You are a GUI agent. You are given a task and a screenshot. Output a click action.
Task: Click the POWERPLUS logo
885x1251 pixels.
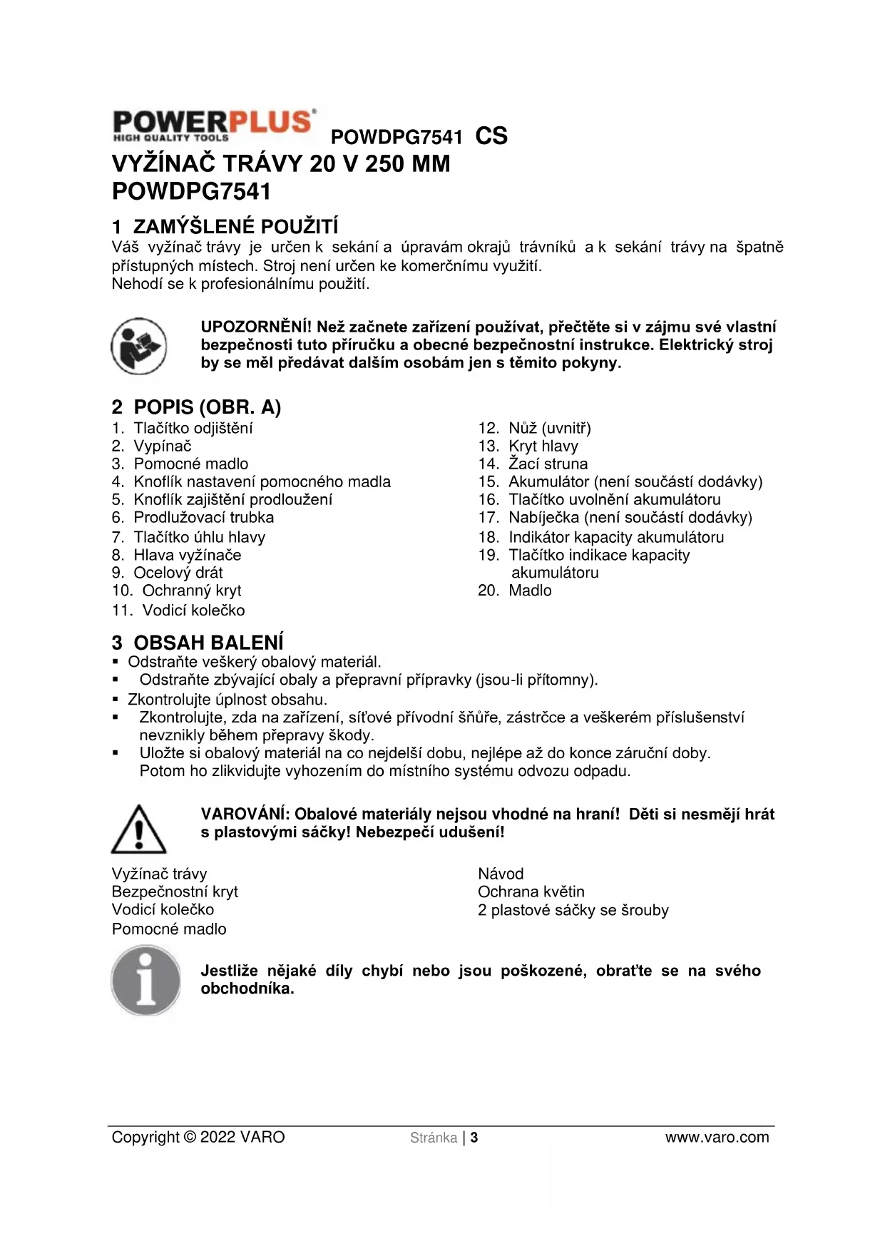(213, 126)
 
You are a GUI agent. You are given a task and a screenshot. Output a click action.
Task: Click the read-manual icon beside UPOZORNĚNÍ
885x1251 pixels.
(139, 346)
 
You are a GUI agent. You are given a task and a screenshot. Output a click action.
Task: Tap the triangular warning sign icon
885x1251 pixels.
(138, 829)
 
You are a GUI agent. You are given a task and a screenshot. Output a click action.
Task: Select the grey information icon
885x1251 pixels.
(146, 980)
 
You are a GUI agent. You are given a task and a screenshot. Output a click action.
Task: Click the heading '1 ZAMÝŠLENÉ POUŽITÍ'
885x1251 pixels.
(225, 227)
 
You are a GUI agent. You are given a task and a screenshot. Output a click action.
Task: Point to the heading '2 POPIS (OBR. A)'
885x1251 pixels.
(196, 407)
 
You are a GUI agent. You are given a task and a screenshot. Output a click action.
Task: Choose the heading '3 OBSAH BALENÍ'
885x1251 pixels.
(198, 643)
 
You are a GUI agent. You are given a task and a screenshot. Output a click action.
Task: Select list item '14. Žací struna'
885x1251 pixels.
(533, 464)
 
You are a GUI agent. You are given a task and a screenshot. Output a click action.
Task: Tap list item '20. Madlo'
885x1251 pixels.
(514, 591)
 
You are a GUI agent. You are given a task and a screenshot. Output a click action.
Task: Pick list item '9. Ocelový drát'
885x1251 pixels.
(168, 573)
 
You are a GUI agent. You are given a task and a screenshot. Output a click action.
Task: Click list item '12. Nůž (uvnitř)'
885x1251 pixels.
(534, 429)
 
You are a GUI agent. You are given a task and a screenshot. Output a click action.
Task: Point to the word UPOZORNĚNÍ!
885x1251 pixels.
(256, 327)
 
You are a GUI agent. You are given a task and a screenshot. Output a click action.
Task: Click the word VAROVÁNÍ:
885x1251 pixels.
(245, 815)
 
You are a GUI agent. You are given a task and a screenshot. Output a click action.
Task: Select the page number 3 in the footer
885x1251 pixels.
(474, 1138)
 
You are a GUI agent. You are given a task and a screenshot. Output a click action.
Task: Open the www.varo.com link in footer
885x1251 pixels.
(717, 1138)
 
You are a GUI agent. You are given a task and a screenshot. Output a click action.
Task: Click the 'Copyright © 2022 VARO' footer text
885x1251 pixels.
(198, 1138)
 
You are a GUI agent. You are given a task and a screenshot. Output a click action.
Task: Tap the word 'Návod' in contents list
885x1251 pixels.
(501, 874)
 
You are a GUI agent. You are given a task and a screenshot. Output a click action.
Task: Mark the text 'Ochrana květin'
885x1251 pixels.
(531, 892)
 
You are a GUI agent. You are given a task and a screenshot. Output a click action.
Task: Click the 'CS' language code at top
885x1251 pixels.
(491, 136)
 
